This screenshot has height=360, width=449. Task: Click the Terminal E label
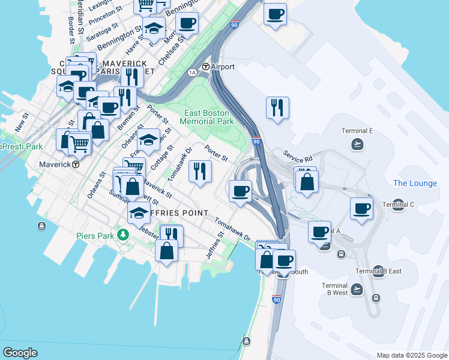[x=357, y=131]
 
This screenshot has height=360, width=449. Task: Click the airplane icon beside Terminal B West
[x=357, y=289]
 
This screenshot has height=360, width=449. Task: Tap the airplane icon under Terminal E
[x=358, y=143]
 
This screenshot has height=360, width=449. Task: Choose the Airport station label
[x=221, y=67]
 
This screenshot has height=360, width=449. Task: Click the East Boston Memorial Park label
[x=208, y=117]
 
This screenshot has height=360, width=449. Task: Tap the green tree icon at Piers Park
[x=124, y=234]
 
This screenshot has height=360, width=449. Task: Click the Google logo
[x=20, y=353]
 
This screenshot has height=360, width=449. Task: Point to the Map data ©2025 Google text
[x=412, y=355]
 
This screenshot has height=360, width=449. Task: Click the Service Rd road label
[x=298, y=157]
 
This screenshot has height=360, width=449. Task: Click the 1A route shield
[x=192, y=73]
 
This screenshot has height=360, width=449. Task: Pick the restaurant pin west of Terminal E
[x=277, y=108]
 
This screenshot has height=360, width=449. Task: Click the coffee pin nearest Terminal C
[x=362, y=209]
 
